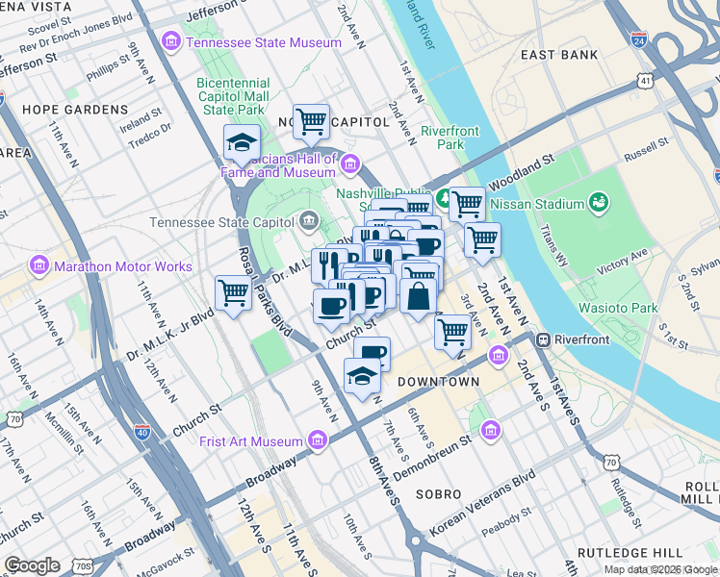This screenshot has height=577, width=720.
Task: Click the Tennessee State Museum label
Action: click(264, 42)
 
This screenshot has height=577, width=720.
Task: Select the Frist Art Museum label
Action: click(251, 441)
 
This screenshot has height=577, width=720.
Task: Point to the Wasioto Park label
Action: click(617, 308)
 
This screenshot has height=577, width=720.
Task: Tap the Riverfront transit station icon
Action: click(543, 339)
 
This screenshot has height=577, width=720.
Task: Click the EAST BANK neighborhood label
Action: click(565, 55)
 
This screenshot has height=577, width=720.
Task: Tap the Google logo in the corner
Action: click(32, 565)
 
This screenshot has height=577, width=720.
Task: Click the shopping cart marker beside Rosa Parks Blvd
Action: click(233, 291)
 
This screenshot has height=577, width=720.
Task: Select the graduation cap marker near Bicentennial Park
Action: click(242, 143)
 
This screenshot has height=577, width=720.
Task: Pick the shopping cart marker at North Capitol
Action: click(310, 121)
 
